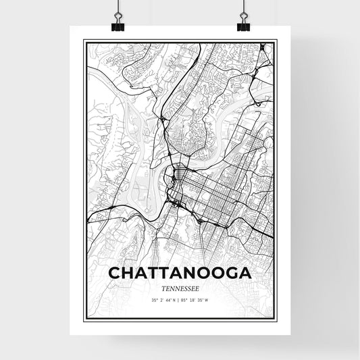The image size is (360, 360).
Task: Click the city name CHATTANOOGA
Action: tap(179, 273)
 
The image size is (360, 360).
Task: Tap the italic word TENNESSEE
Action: tap(179, 286)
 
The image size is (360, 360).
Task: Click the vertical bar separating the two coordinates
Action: tap(179, 299)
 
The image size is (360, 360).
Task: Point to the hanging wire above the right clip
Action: tap(243, 7)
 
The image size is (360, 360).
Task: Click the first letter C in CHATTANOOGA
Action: tap(115, 273)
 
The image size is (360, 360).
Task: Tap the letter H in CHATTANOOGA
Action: tap(130, 273)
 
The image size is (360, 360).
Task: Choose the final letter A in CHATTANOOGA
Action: tap(245, 273)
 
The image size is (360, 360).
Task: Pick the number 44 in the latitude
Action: tap(167, 299)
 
